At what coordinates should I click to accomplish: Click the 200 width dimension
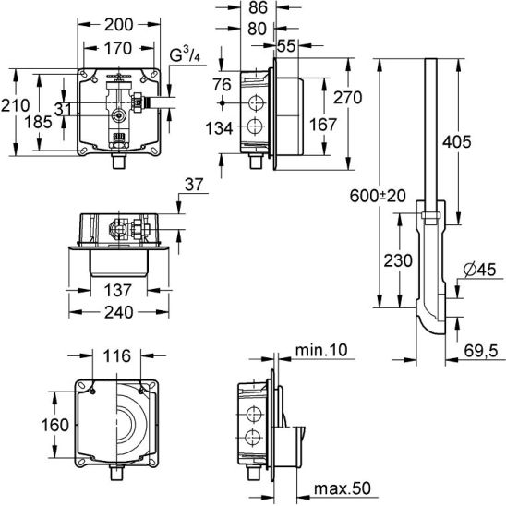(118, 25)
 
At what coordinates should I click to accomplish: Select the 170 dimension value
(118, 49)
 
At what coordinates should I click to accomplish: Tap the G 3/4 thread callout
(185, 54)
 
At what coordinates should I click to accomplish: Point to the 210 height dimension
(15, 105)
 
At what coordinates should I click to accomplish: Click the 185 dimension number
(39, 122)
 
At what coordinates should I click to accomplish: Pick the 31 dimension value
(63, 109)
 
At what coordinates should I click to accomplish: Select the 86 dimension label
(259, 7)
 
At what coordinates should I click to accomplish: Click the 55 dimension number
(286, 46)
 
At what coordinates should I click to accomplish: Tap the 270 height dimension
(347, 98)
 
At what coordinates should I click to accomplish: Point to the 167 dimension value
(323, 125)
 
